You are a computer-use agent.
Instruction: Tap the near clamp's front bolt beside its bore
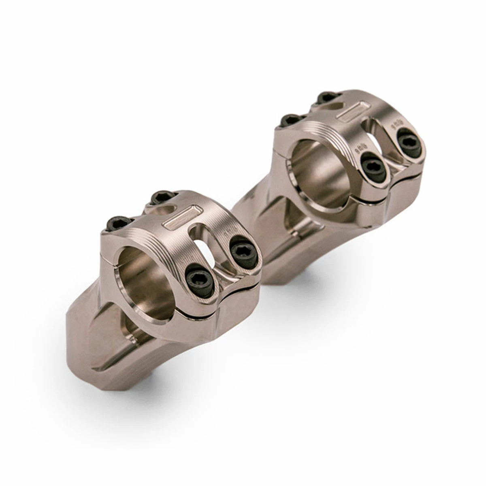pyautogui.click(x=200, y=280)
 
